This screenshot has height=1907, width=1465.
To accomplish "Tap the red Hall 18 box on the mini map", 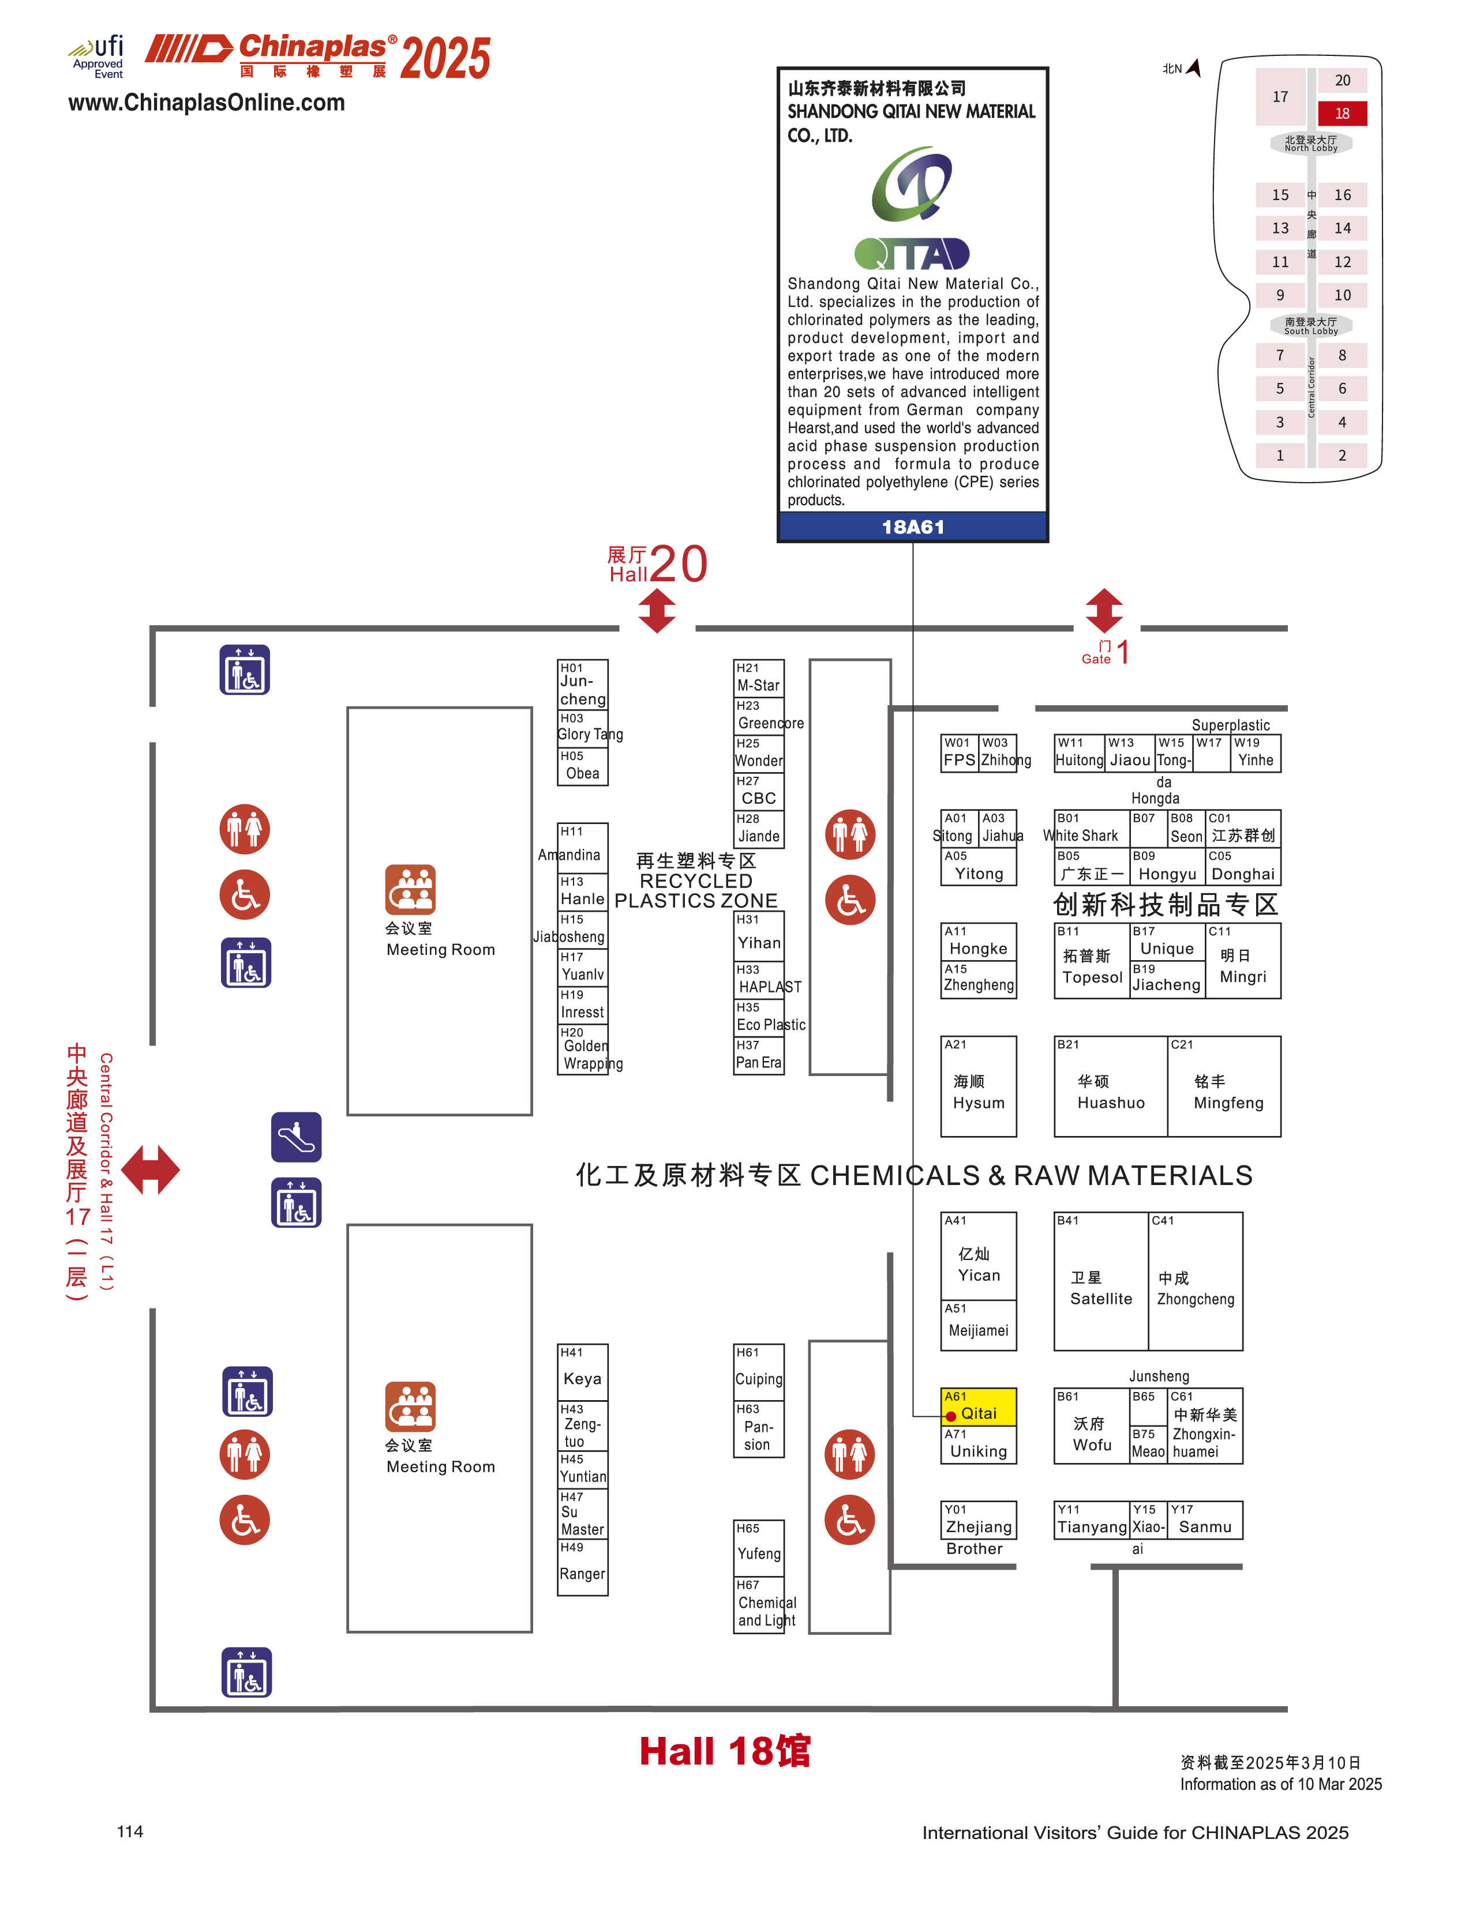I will [x=1341, y=113].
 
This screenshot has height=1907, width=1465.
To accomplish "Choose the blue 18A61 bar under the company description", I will [x=912, y=526].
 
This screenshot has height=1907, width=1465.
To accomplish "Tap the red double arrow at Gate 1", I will [x=1104, y=610].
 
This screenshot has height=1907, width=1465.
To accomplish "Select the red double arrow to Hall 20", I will [x=657, y=610].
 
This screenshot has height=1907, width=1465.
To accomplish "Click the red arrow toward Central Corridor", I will [x=150, y=1169].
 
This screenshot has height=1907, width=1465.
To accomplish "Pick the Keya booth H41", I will [x=583, y=1372].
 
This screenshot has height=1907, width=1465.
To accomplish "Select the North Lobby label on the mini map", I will [x=1310, y=144].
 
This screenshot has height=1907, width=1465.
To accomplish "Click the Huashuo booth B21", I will [x=1110, y=1086].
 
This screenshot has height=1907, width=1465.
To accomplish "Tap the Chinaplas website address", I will [x=207, y=103].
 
